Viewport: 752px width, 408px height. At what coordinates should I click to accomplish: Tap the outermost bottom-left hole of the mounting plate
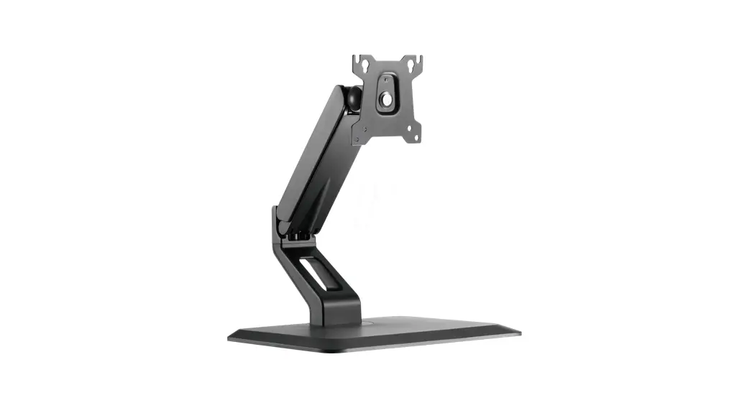[x=358, y=139]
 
